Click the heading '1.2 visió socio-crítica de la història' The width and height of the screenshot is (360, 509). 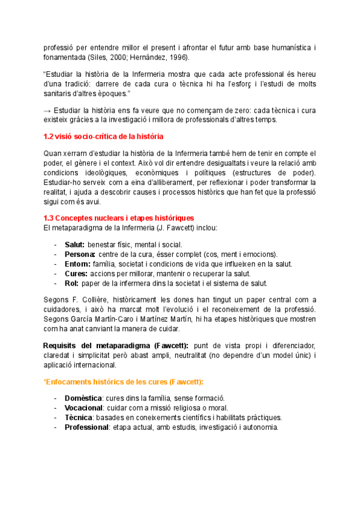click(103, 137)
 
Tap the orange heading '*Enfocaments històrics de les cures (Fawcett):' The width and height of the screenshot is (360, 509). click(124, 382)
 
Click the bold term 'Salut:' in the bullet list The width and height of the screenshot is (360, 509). click(75, 245)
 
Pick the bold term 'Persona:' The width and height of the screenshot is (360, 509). click(80, 254)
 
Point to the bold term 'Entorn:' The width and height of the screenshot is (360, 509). click(77, 264)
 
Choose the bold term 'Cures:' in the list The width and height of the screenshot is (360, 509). click(76, 274)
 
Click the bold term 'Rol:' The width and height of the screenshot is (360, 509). click(71, 283)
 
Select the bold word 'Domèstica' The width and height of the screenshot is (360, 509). click(83, 399)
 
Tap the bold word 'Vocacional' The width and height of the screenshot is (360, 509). click(85, 408)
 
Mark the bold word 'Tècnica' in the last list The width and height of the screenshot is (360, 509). click(79, 418)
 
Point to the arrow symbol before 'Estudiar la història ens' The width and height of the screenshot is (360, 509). click(48, 110)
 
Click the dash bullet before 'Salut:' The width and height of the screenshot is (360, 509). click(55, 245)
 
